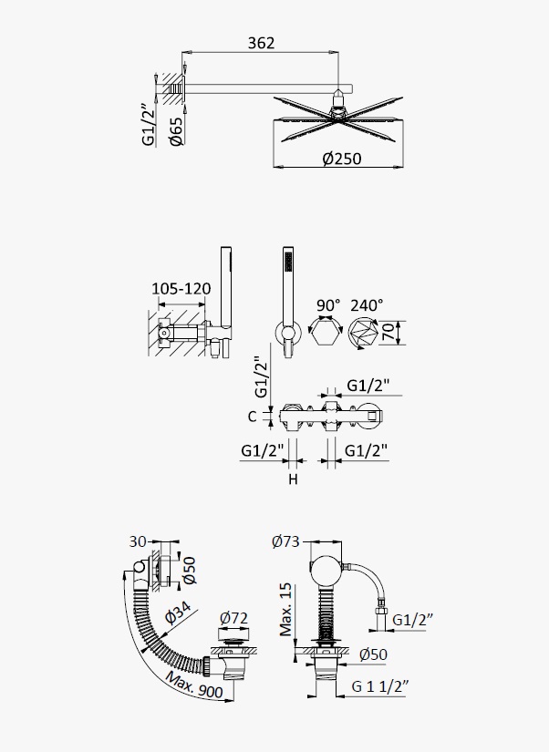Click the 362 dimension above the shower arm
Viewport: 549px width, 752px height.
pos(261,43)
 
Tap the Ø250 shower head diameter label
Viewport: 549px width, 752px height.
pos(342,159)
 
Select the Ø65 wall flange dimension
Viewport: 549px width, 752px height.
pos(176,131)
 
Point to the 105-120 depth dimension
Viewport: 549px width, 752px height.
pos(181,289)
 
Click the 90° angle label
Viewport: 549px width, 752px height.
pos(328,305)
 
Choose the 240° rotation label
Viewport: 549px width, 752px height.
pos(367,305)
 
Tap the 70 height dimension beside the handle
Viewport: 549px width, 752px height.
pos(388,333)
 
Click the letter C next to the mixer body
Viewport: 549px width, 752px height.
pos(253,417)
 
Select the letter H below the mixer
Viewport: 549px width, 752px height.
pos(294,479)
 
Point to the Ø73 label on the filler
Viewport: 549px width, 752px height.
pos(285,541)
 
